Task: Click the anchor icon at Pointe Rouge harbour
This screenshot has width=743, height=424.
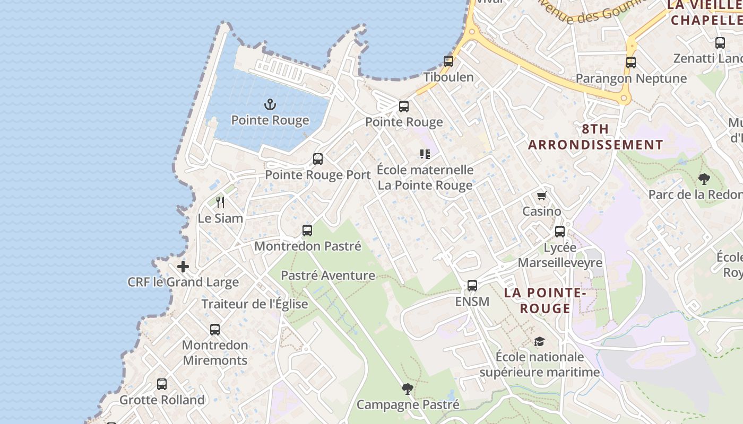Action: click(270, 104)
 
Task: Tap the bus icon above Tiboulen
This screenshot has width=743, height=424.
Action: click(448, 61)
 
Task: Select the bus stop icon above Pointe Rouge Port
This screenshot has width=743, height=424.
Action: click(318, 159)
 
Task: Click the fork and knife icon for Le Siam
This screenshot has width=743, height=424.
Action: click(220, 202)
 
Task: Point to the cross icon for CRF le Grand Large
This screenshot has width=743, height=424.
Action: click(183, 266)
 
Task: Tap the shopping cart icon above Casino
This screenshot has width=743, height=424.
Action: click(541, 196)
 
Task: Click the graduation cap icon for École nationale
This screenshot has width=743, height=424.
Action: click(539, 341)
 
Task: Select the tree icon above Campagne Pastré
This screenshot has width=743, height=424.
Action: click(407, 390)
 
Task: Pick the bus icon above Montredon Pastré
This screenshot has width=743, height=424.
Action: click(307, 231)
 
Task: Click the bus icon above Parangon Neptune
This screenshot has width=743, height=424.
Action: click(630, 63)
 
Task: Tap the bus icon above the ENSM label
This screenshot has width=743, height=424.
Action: click(472, 286)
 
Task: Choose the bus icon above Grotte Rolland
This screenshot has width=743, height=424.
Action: click(162, 384)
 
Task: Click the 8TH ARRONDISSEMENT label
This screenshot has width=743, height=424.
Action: click(595, 137)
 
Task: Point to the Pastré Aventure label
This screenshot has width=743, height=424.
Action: click(327, 275)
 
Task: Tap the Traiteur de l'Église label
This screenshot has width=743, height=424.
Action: click(254, 304)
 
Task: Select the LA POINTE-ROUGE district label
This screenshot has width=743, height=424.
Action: click(545, 301)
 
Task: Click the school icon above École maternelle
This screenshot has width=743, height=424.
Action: click(425, 154)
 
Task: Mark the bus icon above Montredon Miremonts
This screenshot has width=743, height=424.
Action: click(214, 330)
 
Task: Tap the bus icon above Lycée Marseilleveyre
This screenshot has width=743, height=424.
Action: click(560, 232)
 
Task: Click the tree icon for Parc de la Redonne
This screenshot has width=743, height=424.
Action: click(704, 179)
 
